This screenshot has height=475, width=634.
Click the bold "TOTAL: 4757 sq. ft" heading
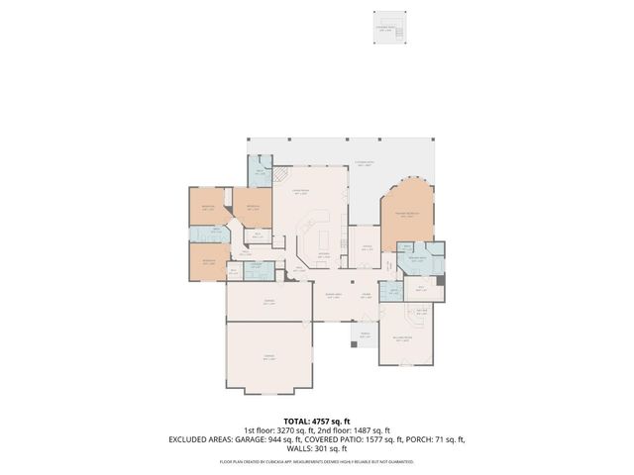[x=316, y=422]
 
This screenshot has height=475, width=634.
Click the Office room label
[x=366, y=247]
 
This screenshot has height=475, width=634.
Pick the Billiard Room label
[x=400, y=337]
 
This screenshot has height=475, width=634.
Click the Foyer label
[x=366, y=295]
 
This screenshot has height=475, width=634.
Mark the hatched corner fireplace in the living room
[x=282, y=174]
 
